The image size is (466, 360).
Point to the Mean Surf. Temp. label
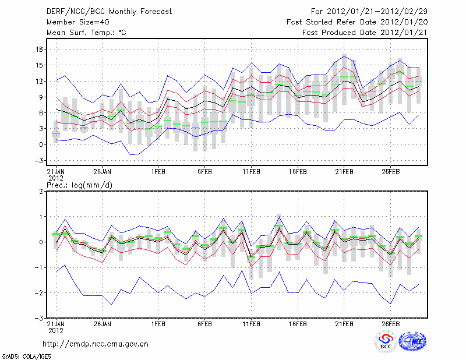click(86, 33)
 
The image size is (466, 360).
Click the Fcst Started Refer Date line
click(358, 22)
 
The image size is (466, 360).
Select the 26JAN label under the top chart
click(102, 172)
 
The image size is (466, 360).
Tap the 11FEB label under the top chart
click(250, 172)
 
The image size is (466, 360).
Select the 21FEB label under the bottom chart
click(344, 323)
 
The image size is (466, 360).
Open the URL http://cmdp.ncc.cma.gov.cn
click(96, 344)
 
